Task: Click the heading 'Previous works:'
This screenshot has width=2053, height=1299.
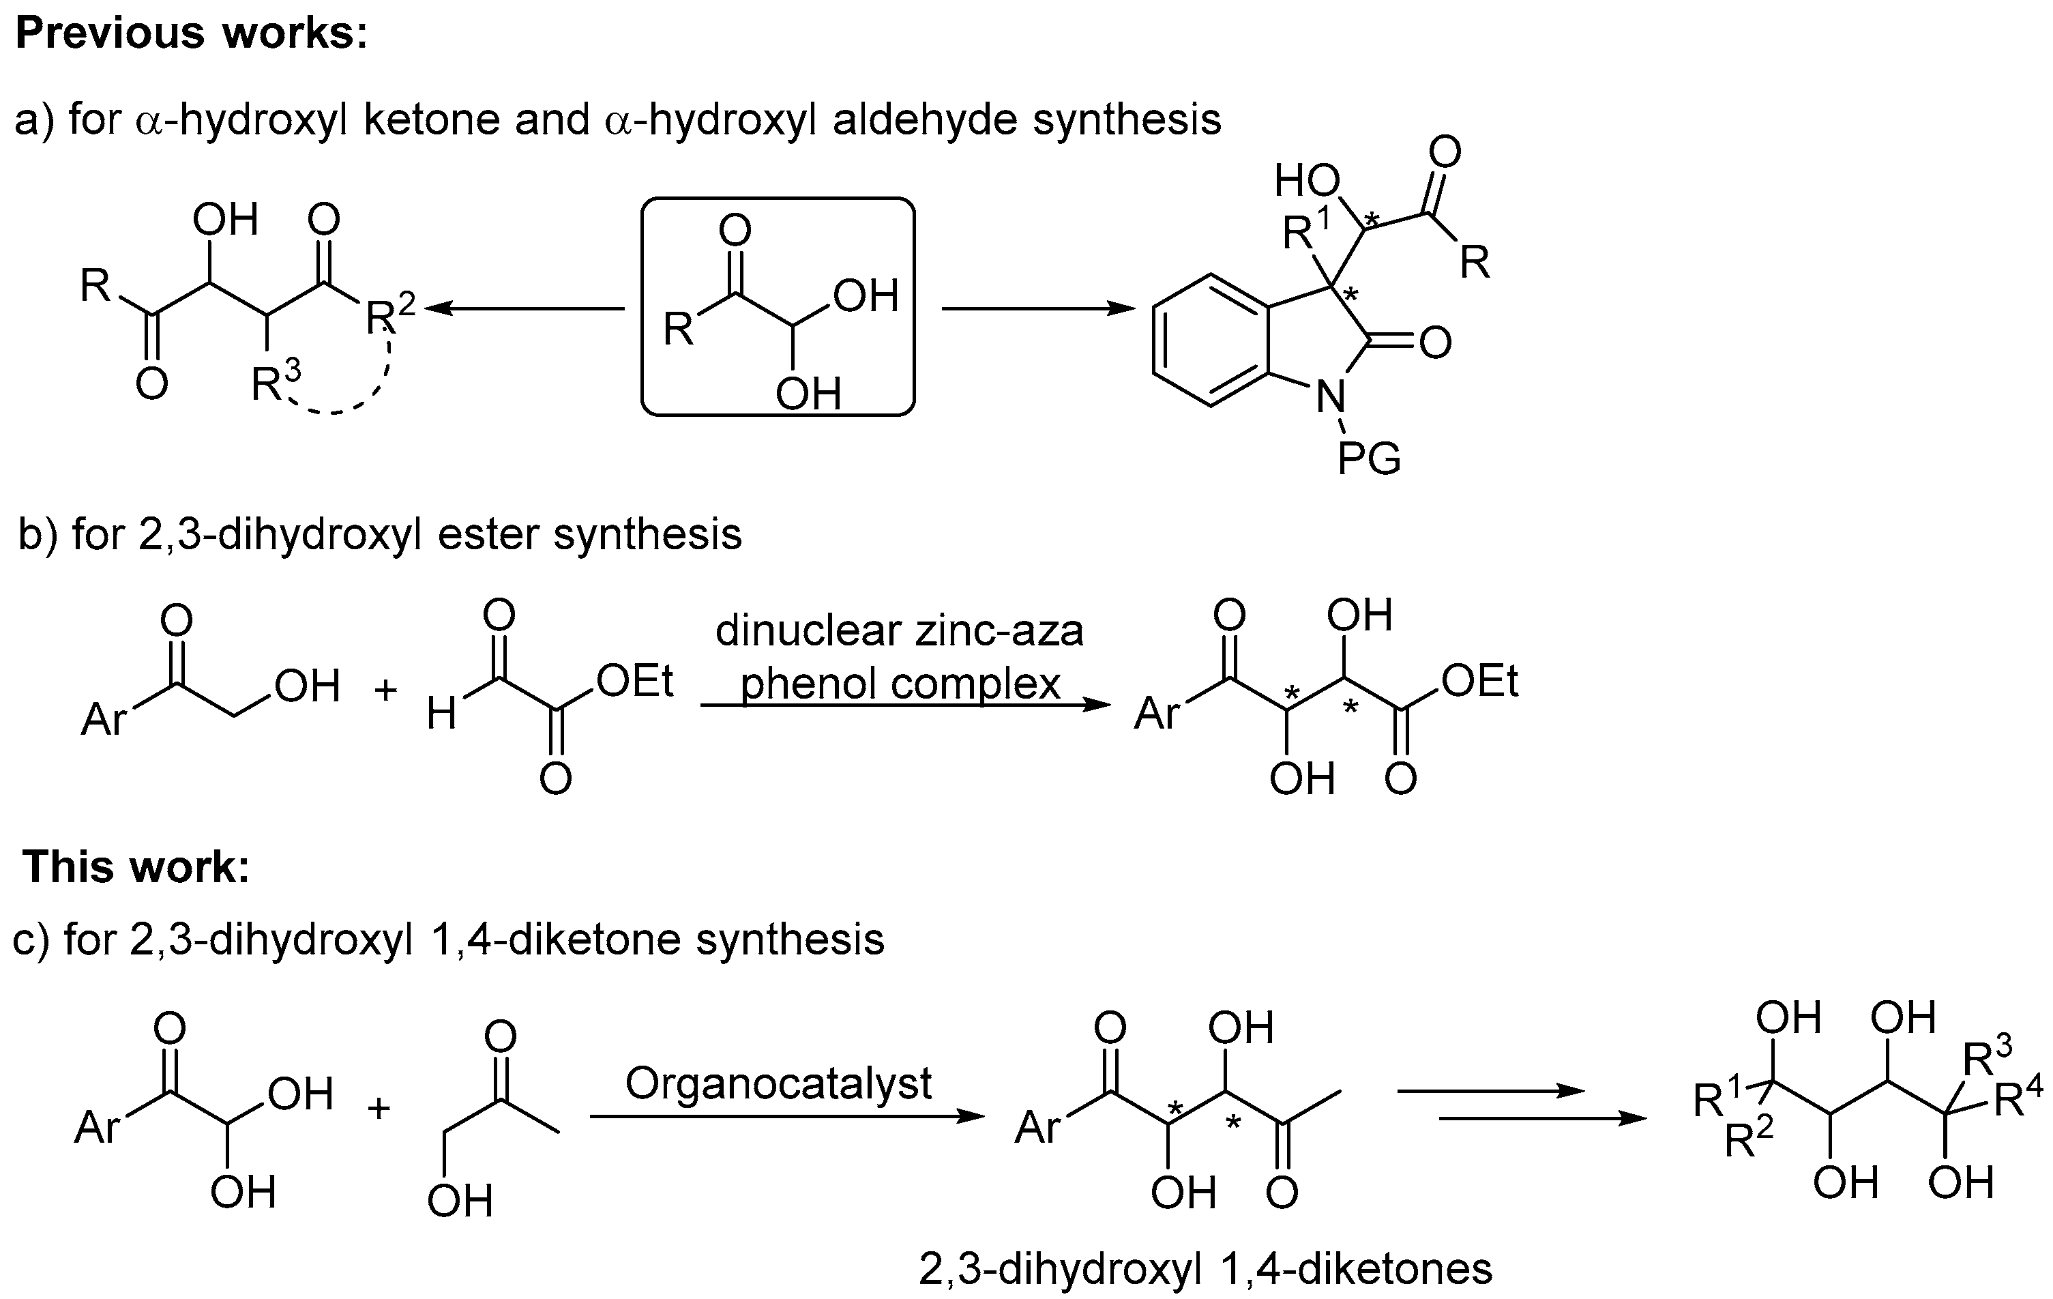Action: [192, 34]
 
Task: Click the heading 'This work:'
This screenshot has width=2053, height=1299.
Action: [136, 866]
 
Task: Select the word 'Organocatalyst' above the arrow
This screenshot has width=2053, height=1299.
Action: [778, 1083]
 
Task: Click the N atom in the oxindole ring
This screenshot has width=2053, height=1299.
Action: [1330, 396]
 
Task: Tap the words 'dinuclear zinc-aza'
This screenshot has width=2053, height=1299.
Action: [900, 631]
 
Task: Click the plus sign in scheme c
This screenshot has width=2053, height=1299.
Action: [379, 1108]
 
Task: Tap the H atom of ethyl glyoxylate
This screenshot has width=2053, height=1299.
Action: [442, 714]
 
